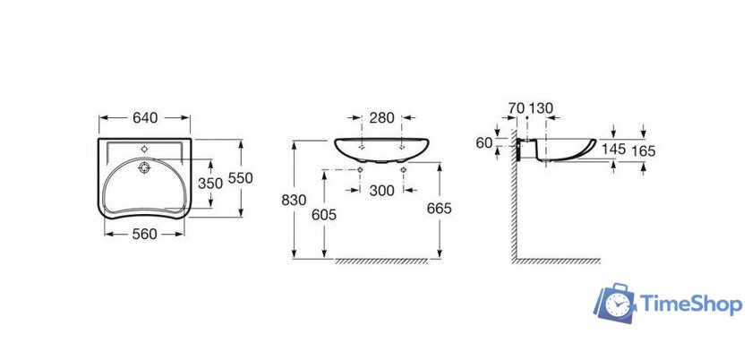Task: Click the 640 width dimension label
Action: point(145,117)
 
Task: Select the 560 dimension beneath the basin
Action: point(144,234)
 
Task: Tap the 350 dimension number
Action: point(210,184)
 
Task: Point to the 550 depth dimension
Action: point(240,178)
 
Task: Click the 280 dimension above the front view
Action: point(381,117)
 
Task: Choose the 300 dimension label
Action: point(381,191)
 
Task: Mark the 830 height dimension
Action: point(294,200)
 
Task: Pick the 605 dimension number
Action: point(324,216)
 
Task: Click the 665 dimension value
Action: point(440,209)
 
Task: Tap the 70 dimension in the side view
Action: point(517,108)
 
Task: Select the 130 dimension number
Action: point(542,108)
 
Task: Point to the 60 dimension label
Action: point(484,142)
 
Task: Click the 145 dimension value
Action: point(613,150)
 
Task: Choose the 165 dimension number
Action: point(643,151)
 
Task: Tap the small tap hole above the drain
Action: point(144,150)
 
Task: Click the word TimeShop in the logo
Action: point(691,304)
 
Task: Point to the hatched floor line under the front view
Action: point(381,261)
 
